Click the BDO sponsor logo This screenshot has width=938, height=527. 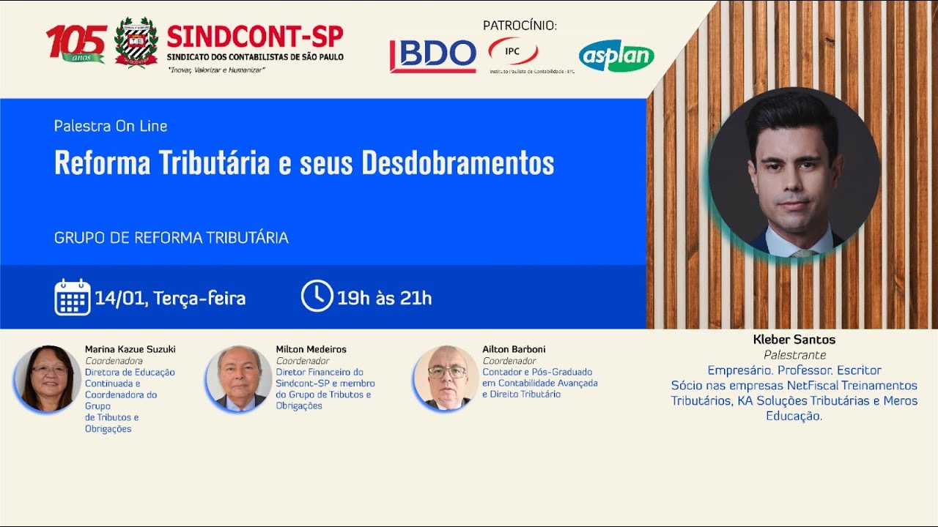[433, 55]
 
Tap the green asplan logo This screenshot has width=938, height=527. [616, 56]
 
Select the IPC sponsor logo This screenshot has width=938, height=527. [513, 51]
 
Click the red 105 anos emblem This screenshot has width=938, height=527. [76, 42]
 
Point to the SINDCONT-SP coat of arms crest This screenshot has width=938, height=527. [136, 42]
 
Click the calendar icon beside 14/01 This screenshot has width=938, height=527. [72, 297]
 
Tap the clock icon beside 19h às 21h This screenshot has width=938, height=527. [317, 296]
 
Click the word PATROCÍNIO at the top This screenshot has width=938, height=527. [520, 26]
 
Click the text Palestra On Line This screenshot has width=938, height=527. [111, 126]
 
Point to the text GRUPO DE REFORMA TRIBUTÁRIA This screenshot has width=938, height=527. [171, 238]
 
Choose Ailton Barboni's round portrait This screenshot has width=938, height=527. [446, 378]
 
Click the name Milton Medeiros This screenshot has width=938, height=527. [311, 349]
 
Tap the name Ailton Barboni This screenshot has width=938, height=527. [514, 349]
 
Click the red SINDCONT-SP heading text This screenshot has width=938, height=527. [254, 36]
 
